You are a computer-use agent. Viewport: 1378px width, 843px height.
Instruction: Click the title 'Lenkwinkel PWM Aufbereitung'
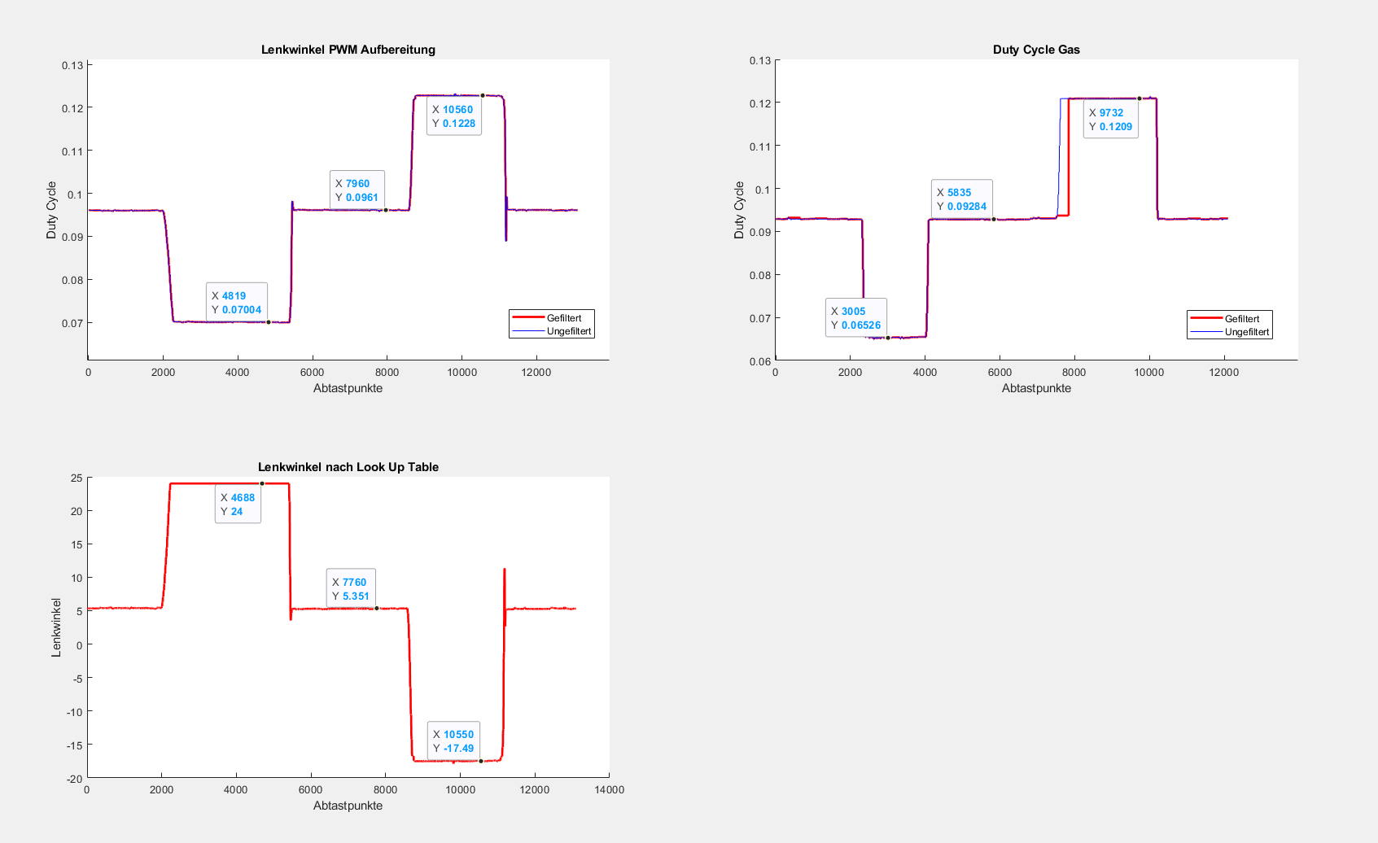pos(348,50)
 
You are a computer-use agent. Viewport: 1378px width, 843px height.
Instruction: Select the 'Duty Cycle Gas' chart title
pos(1035,50)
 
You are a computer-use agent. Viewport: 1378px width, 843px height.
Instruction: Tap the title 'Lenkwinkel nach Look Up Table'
pos(348,467)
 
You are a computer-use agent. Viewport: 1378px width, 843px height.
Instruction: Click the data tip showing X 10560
pos(453,116)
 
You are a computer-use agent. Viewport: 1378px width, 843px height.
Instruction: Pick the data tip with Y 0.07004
pos(236,303)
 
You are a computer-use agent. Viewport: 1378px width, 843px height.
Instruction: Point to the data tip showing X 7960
pos(357,190)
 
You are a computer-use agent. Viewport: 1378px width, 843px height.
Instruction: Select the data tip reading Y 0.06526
pos(855,318)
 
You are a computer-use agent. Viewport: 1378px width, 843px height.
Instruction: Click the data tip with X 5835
pos(961,199)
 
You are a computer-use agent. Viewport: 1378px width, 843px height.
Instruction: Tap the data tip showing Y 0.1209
pos(1110,120)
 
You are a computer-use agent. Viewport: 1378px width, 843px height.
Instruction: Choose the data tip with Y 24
pos(237,504)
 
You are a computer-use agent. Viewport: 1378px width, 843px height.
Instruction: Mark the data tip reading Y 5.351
pos(351,589)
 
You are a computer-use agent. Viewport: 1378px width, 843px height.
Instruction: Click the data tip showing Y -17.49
pos(453,741)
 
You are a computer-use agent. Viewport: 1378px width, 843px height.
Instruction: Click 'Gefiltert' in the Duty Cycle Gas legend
pos(1241,319)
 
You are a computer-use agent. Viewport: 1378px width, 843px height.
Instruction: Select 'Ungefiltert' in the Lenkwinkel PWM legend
pos(568,331)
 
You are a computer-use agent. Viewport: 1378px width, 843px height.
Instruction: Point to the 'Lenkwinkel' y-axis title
pos(56,627)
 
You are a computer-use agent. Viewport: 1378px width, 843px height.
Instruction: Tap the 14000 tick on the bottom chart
pos(609,789)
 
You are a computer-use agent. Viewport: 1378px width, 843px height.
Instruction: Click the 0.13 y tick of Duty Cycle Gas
pos(759,60)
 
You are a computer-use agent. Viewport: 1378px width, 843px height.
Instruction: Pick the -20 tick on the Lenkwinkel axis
pos(74,779)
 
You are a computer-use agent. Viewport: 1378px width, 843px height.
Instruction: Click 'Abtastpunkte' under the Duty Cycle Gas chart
pos(1035,388)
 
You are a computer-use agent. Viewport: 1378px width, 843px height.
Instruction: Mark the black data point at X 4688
pos(262,483)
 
